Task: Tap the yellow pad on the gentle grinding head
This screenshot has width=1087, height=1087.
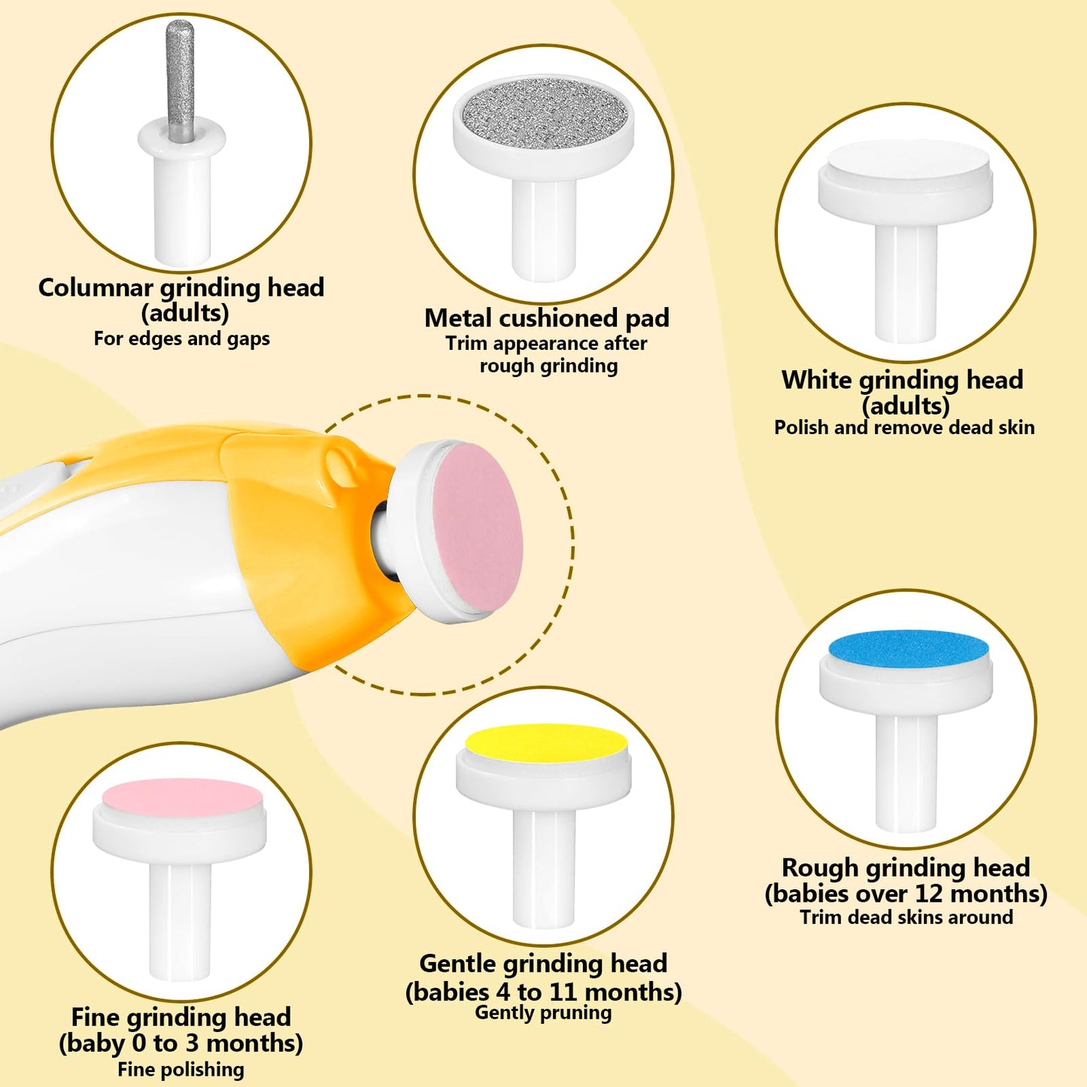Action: (x=545, y=745)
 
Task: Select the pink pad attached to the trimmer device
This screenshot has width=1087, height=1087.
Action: (x=478, y=531)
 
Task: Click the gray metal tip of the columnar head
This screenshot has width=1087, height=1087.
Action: (x=181, y=79)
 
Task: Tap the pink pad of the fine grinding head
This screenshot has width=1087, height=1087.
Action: (x=183, y=800)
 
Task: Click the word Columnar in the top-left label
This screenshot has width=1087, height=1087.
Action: (x=96, y=287)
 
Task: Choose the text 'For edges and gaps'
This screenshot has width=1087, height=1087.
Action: (x=181, y=339)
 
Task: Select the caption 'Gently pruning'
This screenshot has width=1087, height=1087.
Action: (x=543, y=1013)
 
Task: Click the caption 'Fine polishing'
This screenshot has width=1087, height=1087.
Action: (x=181, y=1070)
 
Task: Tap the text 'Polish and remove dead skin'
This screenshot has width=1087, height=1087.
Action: (x=904, y=427)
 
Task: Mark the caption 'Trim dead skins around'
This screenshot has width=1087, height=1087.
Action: (x=906, y=917)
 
